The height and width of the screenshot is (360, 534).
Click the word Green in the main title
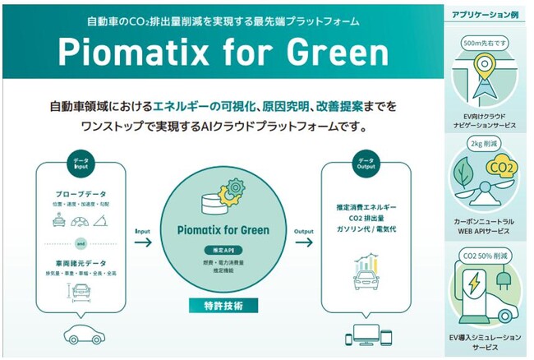pyautogui.click(x=333, y=53)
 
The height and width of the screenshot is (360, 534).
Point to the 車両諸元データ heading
pyautogui.click(x=81, y=264)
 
